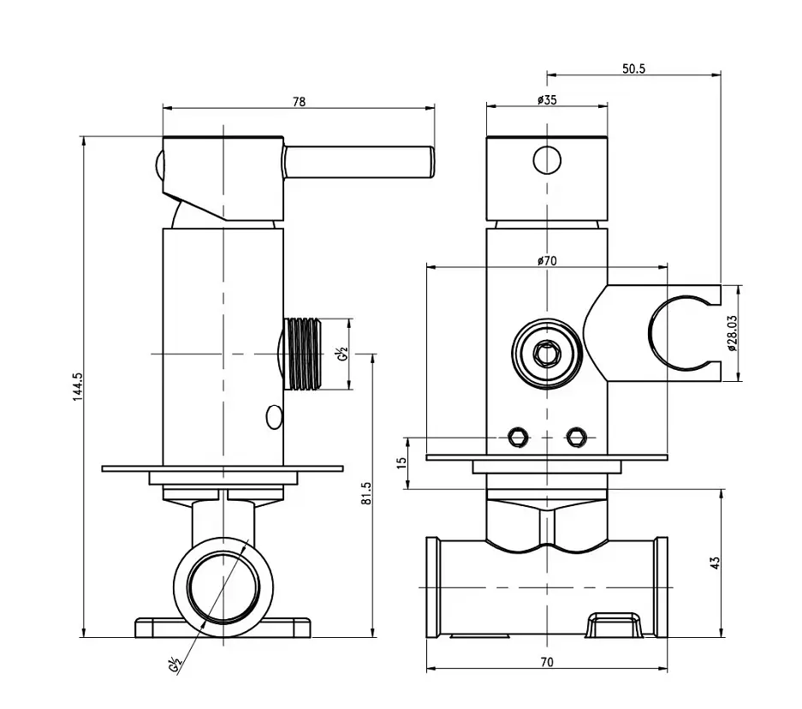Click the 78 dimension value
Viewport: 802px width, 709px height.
click(300, 102)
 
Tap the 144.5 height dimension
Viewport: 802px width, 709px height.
click(77, 386)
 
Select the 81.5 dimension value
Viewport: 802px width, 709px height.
click(366, 493)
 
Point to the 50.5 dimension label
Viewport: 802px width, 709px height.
click(633, 69)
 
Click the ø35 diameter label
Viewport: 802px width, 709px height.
click(547, 99)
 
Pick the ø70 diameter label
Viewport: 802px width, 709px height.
click(547, 261)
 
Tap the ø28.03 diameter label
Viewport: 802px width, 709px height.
click(732, 332)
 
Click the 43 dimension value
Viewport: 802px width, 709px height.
click(715, 563)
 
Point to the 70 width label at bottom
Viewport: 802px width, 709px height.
click(547, 662)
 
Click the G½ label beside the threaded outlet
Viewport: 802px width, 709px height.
click(342, 354)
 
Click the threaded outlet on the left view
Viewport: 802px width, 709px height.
click(303, 354)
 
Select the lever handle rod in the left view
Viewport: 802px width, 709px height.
click(359, 163)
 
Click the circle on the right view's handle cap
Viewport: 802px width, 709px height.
click(547, 160)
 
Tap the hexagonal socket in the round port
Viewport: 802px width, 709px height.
click(547, 354)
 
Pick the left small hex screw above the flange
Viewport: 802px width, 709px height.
click(518, 438)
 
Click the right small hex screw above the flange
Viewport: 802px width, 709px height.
click(576, 438)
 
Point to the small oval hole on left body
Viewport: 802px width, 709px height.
click(274, 417)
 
